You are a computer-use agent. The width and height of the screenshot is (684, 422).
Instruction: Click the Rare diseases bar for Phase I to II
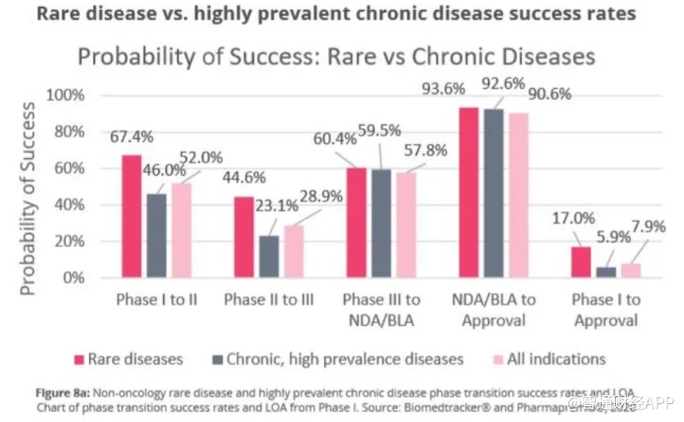(131, 216)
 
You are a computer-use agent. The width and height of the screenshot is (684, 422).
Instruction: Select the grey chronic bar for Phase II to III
(269, 256)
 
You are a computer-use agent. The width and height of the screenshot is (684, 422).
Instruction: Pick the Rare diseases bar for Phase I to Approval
(581, 262)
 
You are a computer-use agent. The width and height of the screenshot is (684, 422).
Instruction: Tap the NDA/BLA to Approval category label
(496, 309)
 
